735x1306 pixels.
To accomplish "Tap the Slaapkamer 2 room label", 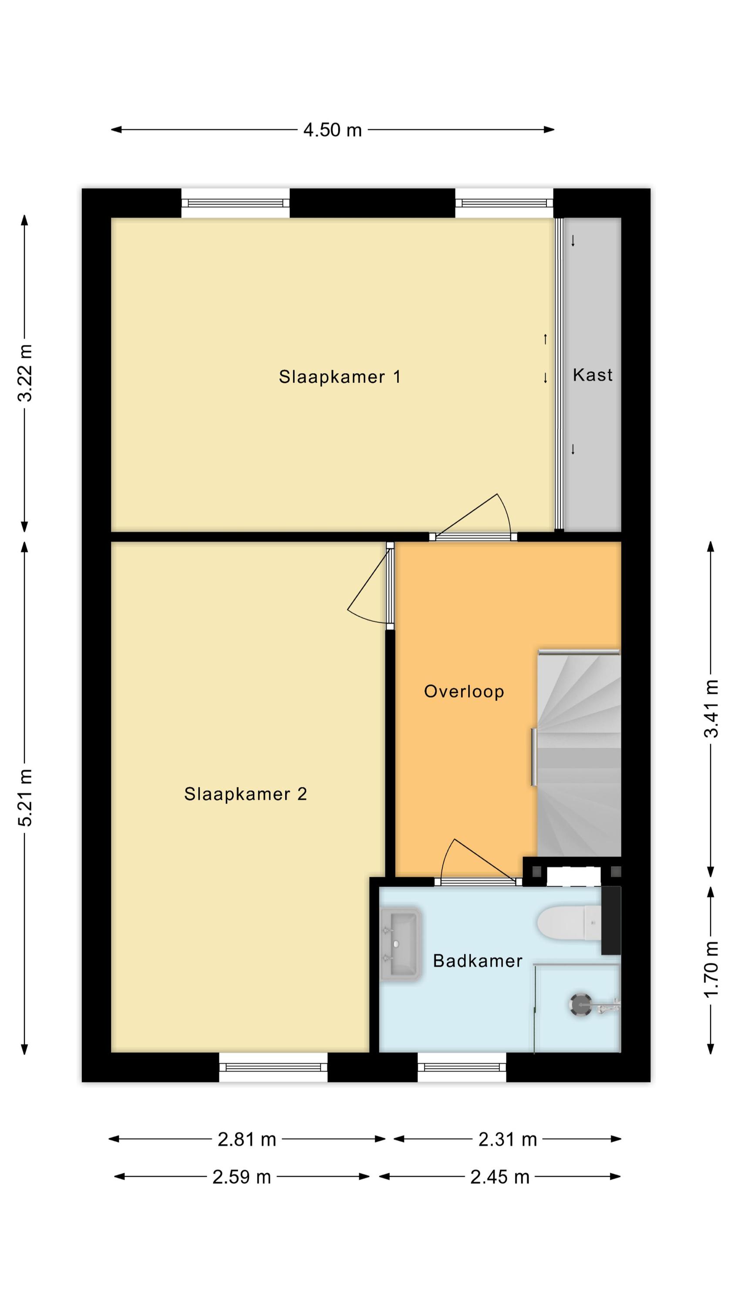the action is point(246,794).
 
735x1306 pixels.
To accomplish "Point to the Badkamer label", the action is point(477,961).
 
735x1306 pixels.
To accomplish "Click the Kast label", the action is point(593,375).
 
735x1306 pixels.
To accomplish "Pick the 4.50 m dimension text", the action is point(332,130).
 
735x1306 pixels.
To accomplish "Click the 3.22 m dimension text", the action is point(25,373).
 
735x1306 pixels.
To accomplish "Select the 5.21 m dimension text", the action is point(25,798).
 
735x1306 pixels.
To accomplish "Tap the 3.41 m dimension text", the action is point(711,708).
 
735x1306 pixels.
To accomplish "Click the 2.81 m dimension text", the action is point(246,1140).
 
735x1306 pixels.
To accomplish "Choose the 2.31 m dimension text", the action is point(508,1140).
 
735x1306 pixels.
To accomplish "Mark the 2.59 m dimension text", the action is point(242,1177).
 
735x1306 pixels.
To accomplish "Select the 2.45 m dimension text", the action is point(499,1177).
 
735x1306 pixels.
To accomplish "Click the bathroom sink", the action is point(401,944).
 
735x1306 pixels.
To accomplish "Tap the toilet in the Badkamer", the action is point(569,923).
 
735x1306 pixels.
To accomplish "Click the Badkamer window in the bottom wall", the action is point(462,1067).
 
